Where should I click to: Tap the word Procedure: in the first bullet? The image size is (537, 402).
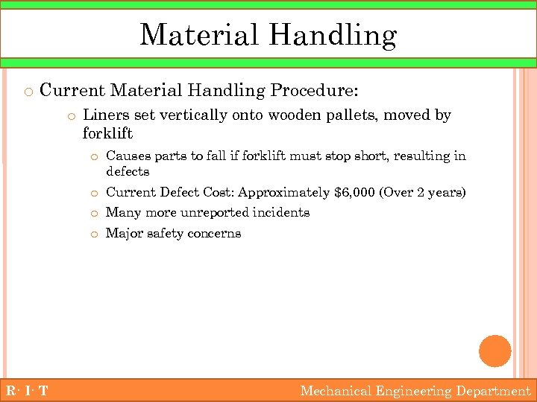(314, 91)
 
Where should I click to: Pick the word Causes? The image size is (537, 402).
(126, 156)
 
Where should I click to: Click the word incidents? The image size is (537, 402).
(282, 212)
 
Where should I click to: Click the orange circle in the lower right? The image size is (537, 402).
(495, 351)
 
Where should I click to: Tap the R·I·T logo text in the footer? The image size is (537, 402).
(25, 391)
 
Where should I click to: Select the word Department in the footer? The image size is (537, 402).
(493, 391)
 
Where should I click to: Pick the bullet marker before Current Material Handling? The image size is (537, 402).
(28, 92)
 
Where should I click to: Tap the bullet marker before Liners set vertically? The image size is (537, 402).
(71, 116)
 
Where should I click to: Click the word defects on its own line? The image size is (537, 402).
(128, 171)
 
